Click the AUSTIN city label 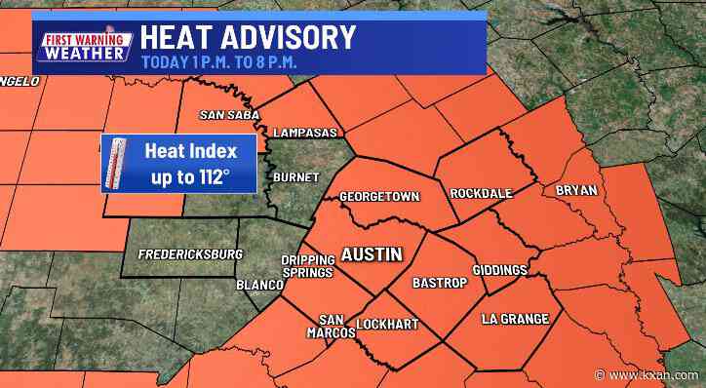pos(371,254)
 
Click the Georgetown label pos(378,197)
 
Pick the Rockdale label pos(481,194)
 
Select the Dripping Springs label pos(308,266)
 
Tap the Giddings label pos(499,269)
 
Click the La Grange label pos(515,319)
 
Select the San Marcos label pos(331,325)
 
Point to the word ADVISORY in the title pos(289,38)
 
